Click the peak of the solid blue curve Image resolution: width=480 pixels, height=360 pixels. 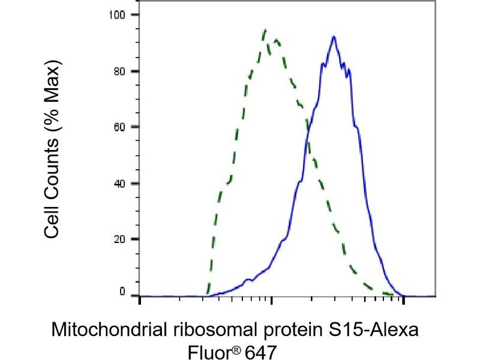coord(334,37)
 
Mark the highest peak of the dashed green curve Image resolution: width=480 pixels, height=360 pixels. coord(265,29)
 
